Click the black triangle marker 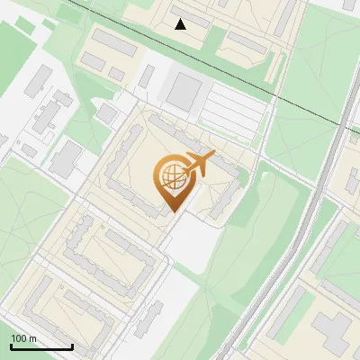pyautogui.click(x=181, y=24)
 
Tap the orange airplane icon pyautogui.click(x=198, y=164)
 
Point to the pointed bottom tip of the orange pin pyautogui.click(x=172, y=211)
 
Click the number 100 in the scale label pyautogui.click(x=20, y=338)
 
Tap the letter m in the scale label pyautogui.click(x=33, y=338)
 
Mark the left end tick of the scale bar pyautogui.click(x=11, y=346)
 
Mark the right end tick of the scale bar pyautogui.click(x=72, y=346)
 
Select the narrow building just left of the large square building pyautogui.click(x=146, y=76)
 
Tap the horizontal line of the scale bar pyautogui.click(x=41, y=347)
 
